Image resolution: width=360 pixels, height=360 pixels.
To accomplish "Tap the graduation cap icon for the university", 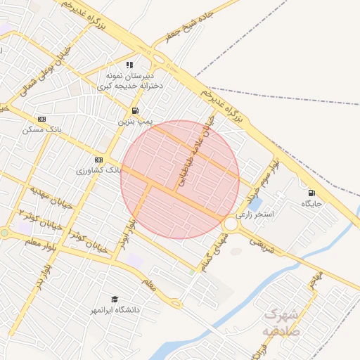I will click(x=115, y=300).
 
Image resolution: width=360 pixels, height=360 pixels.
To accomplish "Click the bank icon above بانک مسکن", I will click(x=41, y=120).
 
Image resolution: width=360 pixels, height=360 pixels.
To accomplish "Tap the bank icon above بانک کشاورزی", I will click(x=98, y=160).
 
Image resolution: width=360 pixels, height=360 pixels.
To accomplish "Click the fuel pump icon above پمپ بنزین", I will click(x=134, y=111).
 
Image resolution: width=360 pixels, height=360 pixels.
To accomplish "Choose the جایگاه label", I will click(x=311, y=203).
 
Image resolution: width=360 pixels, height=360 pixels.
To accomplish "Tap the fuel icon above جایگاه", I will click(x=311, y=193).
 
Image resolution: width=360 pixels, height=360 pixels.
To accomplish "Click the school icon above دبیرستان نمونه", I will click(x=129, y=65).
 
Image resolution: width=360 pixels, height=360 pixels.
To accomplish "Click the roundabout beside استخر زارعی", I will click(x=231, y=224).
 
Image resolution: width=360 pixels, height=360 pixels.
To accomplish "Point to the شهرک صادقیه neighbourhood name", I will click(x=281, y=323).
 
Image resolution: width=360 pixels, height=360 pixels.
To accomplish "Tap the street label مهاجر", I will click(x=316, y=281).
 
